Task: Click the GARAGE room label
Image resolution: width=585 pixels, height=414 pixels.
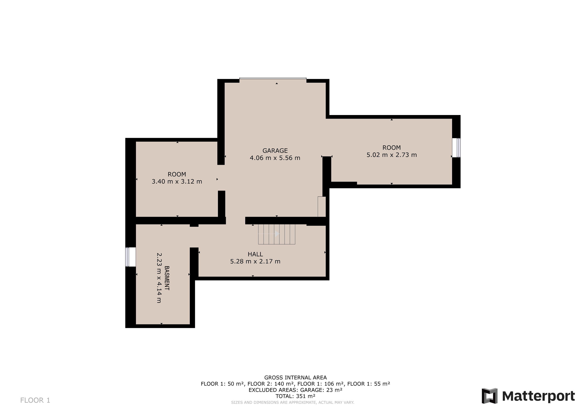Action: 275,151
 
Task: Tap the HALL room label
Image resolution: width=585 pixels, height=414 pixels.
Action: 255,254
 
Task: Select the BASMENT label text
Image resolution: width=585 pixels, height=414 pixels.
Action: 167,278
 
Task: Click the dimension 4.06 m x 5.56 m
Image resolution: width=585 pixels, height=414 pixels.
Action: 275,158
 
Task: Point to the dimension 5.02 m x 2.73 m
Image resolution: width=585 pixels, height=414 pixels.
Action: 392,155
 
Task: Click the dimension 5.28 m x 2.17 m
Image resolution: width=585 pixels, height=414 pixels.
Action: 255,261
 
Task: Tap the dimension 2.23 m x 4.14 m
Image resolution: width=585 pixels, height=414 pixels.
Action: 159,278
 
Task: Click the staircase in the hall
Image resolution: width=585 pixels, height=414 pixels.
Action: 277,234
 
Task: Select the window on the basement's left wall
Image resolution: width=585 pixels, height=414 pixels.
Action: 130,257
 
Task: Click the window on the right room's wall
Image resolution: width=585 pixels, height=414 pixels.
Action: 456,148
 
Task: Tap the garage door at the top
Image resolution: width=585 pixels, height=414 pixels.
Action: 273,78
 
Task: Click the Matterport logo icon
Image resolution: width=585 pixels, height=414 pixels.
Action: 489,396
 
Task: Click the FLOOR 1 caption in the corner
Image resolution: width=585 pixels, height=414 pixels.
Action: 35,400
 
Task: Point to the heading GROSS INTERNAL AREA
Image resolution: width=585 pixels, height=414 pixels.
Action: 295,378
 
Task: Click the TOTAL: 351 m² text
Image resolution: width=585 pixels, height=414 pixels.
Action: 295,396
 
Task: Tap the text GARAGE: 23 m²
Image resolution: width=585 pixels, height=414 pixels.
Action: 321,390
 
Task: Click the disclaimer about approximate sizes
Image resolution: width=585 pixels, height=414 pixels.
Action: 292,402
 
